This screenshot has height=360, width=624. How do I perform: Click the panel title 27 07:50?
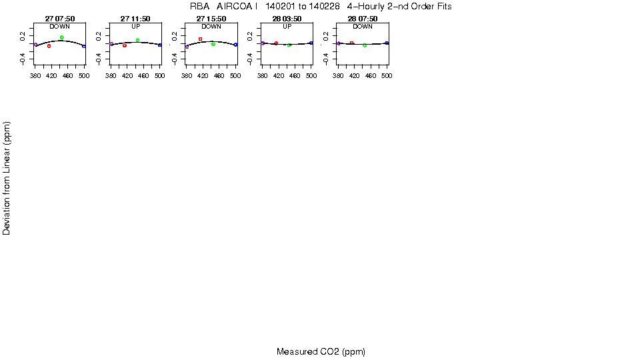tap(59, 19)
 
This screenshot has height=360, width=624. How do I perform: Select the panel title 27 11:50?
tap(135, 19)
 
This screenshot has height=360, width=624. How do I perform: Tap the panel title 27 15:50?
tap(211, 19)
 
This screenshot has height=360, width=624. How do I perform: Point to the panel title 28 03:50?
tap(287, 19)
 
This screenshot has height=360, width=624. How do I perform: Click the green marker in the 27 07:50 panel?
tap(61, 37)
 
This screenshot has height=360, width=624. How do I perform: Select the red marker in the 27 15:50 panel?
tap(200, 39)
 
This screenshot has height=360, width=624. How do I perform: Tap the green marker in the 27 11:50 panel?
tap(137, 40)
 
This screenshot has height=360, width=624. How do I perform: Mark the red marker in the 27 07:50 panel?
tap(49, 46)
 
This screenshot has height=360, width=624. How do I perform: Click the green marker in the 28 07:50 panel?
tap(365, 45)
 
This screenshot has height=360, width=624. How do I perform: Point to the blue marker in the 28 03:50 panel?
tap(311, 43)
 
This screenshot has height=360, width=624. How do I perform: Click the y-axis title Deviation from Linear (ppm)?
tap(7, 178)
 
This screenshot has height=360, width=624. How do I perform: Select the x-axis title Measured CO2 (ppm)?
tap(321, 352)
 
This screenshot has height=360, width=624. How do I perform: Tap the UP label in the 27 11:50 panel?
tap(135, 27)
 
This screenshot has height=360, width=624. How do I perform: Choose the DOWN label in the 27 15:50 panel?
tap(211, 27)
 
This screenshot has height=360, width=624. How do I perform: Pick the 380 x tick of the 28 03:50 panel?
tap(263, 76)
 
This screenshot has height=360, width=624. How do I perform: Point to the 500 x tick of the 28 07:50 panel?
tap(387, 76)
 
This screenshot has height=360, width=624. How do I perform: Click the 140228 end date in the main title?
tap(325, 6)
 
